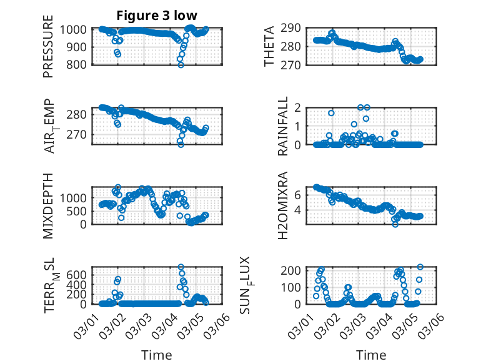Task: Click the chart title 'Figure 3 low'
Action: coord(152,16)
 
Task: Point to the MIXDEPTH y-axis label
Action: coord(48,206)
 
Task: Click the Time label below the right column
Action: coord(372,355)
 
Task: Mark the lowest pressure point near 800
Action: coord(181,64)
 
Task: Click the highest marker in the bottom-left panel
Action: coord(181,267)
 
